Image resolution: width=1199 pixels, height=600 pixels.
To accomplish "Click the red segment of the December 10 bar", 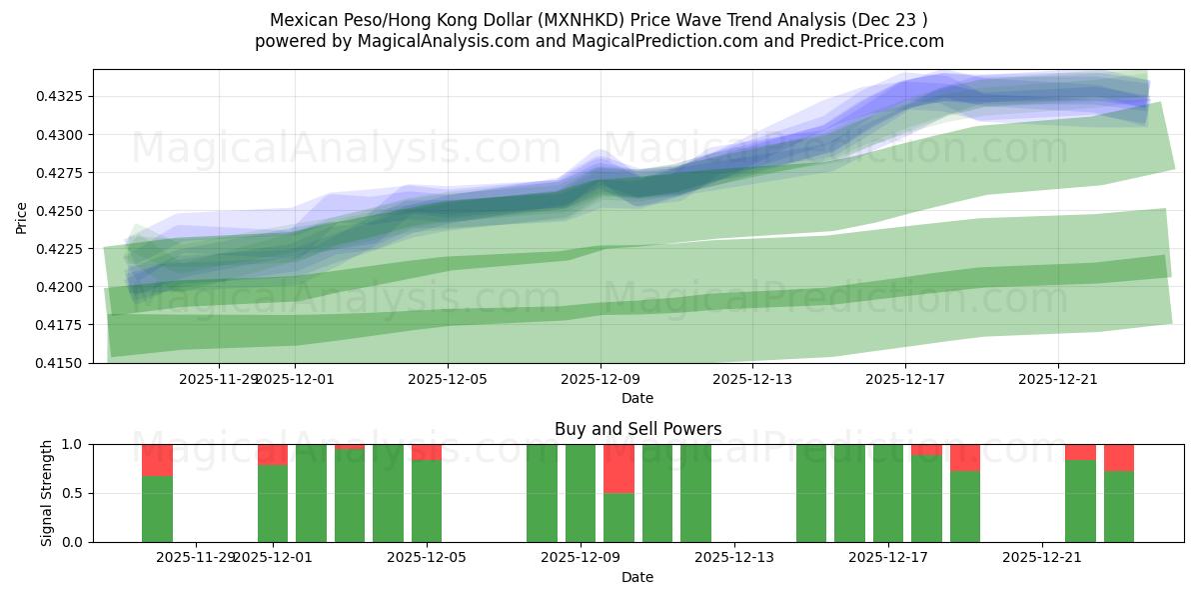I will (618, 469).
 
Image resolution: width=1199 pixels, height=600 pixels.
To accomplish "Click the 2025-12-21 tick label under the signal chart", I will (1042, 558).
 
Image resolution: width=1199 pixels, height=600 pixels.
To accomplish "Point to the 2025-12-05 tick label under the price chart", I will (448, 380).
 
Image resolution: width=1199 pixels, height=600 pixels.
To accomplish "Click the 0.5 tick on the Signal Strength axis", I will (77, 493).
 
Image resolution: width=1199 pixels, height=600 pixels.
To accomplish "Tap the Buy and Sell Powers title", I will (637, 429).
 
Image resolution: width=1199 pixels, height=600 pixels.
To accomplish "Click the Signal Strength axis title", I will (47, 493).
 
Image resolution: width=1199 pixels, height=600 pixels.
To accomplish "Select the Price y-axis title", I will (22, 216).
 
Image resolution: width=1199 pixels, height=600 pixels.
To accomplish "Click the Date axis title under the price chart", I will (637, 398).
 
